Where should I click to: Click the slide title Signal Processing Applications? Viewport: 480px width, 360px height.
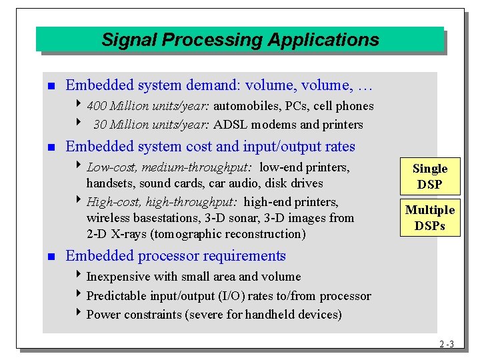(x=240, y=40)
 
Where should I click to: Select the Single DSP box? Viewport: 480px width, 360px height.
(x=429, y=177)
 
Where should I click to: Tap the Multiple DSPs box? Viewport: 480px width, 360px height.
(x=429, y=218)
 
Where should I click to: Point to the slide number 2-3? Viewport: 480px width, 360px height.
(x=447, y=345)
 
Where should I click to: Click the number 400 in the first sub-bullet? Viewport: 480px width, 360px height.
(x=97, y=106)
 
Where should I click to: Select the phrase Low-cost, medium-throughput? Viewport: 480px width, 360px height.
(x=169, y=167)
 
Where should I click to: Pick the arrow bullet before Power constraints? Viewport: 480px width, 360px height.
(x=80, y=314)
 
